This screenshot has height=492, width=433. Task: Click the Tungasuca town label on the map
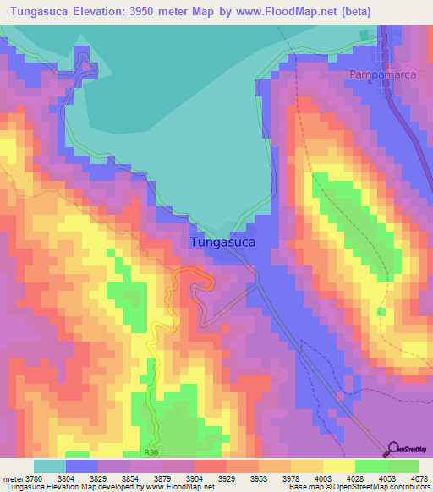[x=223, y=242]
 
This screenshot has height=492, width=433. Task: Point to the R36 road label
[x=151, y=452]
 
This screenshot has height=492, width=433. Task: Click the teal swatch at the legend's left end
[x=50, y=466]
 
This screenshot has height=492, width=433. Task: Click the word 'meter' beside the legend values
[x=11, y=478]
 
